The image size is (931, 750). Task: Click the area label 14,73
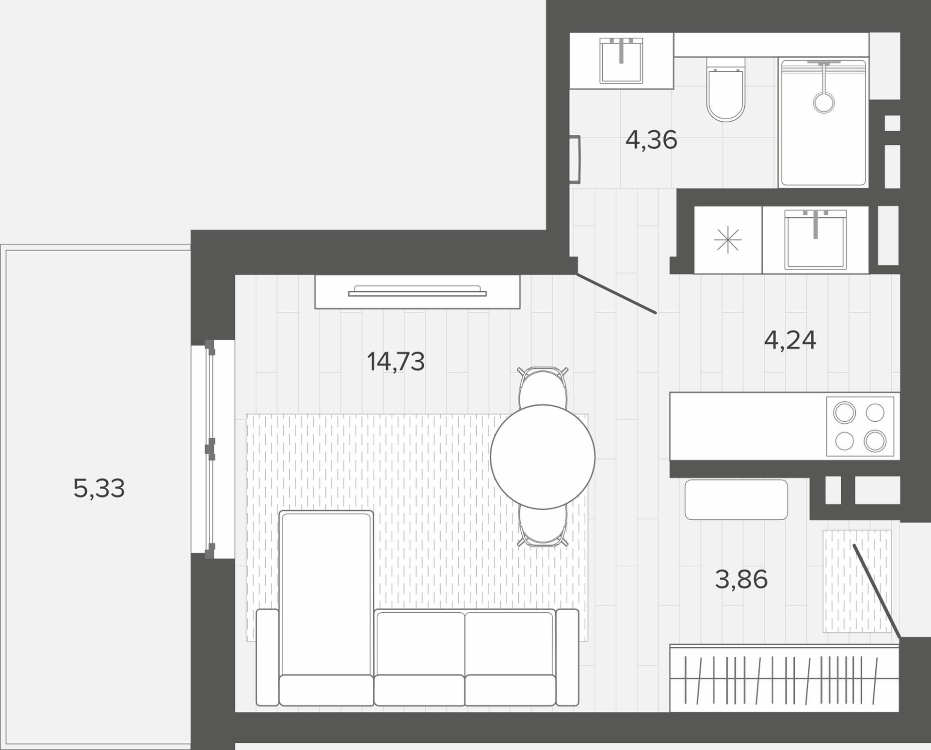coord(396,362)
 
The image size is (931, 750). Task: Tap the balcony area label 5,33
coord(99,488)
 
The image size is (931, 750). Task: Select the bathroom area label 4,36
coord(651,140)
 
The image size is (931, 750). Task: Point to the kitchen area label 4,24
coord(790,340)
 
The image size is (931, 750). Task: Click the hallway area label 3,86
coord(741,579)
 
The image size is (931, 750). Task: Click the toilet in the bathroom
coord(725,89)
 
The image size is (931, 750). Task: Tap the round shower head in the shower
coord(824,103)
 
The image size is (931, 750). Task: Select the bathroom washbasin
coord(621,61)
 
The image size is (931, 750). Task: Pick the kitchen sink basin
coord(816,239)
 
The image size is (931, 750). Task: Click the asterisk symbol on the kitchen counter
coord(728,240)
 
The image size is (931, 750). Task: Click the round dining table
coord(543,457)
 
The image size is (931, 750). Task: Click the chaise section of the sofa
coord(326,608)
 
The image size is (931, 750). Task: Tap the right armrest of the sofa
coord(567,657)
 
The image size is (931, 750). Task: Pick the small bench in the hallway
coord(736,499)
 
